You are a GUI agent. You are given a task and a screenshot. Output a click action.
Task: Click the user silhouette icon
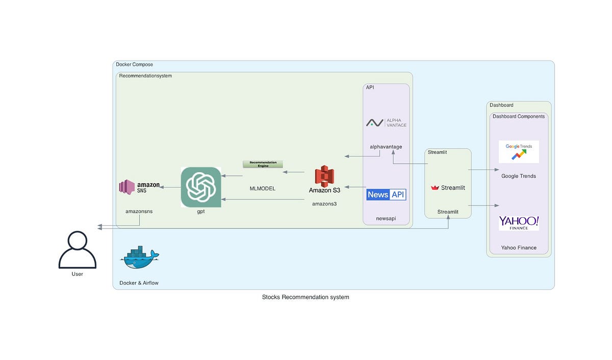[x=78, y=250]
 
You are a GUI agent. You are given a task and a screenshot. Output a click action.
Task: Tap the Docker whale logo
[x=139, y=258]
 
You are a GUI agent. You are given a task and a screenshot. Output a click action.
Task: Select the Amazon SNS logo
[x=139, y=187]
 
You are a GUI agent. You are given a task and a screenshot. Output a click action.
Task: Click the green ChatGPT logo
[x=201, y=187]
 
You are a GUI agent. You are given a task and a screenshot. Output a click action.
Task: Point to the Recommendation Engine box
[x=263, y=164]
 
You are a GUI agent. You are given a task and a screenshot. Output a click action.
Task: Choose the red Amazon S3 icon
[x=324, y=176]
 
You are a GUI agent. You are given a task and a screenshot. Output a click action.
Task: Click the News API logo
[x=386, y=194]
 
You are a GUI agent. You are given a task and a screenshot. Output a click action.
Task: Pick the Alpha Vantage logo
[x=386, y=123]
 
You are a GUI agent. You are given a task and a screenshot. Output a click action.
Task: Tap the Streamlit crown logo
[x=435, y=188]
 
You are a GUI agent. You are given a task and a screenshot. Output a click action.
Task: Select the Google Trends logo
[x=519, y=151]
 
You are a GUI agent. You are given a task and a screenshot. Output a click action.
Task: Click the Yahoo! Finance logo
[x=519, y=223]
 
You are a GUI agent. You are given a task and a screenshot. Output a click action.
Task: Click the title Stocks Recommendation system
[x=305, y=297]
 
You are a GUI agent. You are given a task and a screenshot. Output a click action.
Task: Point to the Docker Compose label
[x=134, y=65]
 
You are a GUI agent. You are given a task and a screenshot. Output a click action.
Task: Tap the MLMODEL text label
[x=262, y=189]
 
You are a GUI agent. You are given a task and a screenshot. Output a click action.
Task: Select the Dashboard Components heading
[x=518, y=116]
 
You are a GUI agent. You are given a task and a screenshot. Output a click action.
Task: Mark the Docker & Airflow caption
[x=139, y=282]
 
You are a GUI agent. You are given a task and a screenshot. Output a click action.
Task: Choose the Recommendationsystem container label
[x=145, y=76]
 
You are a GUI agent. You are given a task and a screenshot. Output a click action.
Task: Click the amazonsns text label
[x=139, y=211]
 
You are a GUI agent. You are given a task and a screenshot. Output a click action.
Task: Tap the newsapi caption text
[x=386, y=218]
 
